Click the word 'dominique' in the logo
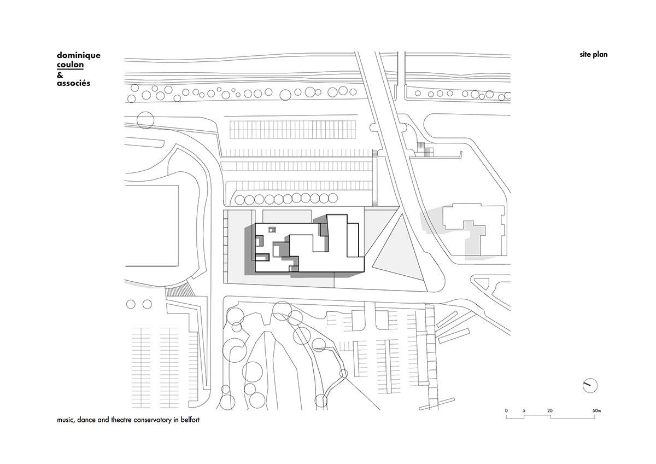[79, 56]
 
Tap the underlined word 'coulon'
[71, 65]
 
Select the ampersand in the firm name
[60, 76]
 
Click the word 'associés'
[73, 83]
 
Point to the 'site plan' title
[594, 55]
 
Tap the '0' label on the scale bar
[506, 411]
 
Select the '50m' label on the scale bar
[596, 411]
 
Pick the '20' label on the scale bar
[550, 411]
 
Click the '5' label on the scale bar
[524, 411]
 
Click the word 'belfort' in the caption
[190, 420]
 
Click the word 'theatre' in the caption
[121, 420]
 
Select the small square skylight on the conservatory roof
[272, 229]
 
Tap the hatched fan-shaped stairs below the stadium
[179, 289]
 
